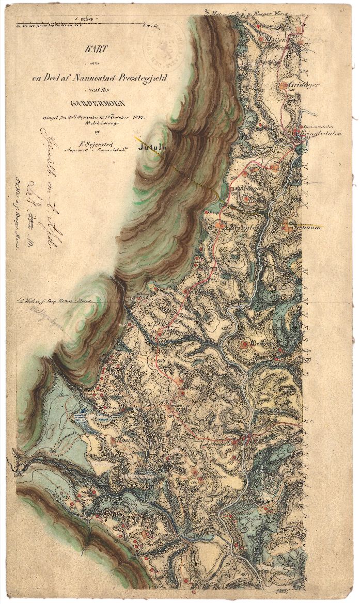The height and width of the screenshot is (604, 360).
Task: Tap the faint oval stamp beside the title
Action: point(165,44)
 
